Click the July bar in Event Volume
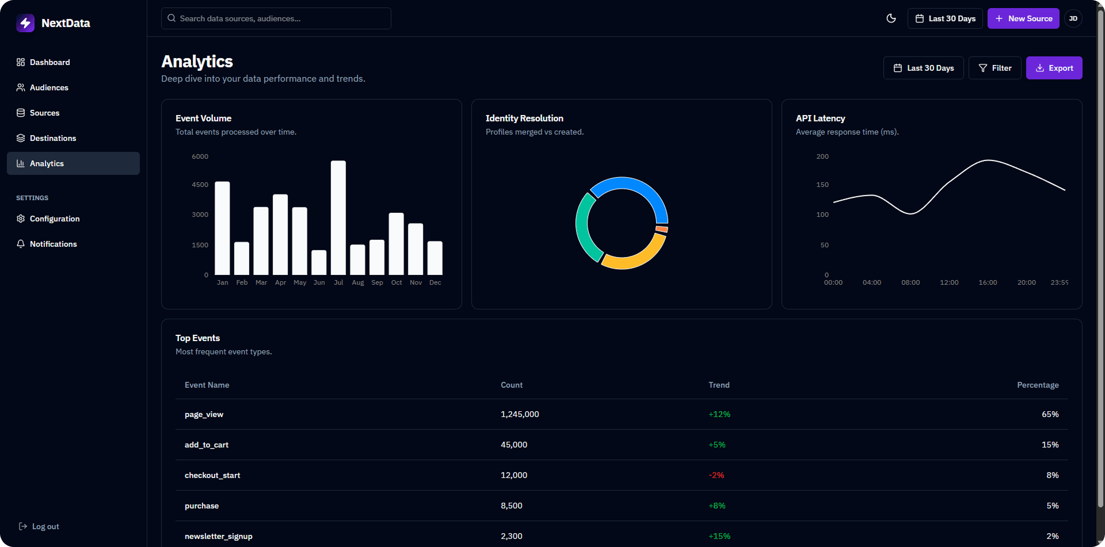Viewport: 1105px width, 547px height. (x=338, y=219)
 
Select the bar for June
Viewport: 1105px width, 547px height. (x=319, y=262)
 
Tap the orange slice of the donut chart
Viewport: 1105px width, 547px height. (x=662, y=229)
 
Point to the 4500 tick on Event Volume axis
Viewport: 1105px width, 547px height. (x=200, y=185)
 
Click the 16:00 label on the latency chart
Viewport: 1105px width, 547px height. (x=988, y=282)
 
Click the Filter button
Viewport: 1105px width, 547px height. (x=995, y=68)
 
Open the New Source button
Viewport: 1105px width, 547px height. (x=1023, y=18)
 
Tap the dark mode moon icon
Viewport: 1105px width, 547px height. (x=891, y=18)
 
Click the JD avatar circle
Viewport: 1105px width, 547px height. (x=1073, y=18)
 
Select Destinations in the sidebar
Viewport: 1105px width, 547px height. (x=53, y=138)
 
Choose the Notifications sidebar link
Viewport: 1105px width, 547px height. (x=53, y=244)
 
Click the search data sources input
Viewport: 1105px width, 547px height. (x=276, y=18)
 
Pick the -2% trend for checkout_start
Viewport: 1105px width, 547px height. (x=716, y=475)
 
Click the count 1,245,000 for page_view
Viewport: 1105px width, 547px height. (x=520, y=414)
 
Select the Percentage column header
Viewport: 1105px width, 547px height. (x=1037, y=385)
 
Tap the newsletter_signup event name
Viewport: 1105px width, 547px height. (x=218, y=536)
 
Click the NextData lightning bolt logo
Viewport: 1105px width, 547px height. (x=25, y=23)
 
